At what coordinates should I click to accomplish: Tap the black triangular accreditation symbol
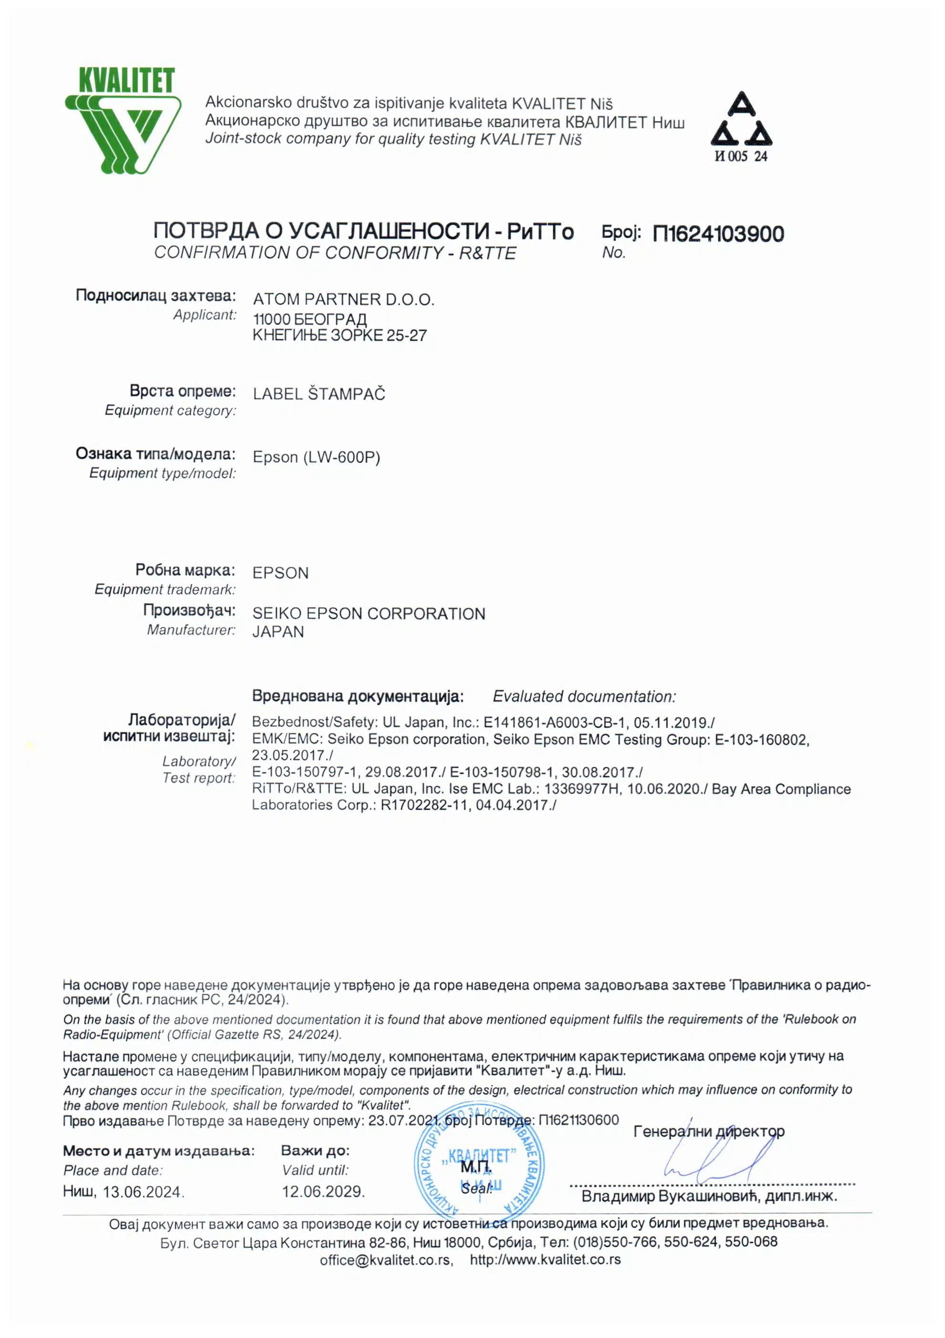pos(741,120)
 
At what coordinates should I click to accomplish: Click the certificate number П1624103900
pos(718,234)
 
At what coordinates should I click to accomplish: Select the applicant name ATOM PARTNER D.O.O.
pos(343,299)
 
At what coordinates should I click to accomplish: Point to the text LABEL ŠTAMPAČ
pos(319,394)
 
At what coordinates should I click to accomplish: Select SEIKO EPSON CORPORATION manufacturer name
pos(369,613)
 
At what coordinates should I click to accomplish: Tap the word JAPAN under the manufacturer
pos(278,632)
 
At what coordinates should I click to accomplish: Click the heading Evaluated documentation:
pos(584,696)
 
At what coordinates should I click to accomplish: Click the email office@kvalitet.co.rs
pos(386,1260)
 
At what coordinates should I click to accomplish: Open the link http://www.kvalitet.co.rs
pos(545,1260)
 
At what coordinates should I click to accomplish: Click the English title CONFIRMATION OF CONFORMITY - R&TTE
pos(335,253)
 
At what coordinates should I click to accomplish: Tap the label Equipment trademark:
pos(165,590)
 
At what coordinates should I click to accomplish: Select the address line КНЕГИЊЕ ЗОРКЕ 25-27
pos(339,336)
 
